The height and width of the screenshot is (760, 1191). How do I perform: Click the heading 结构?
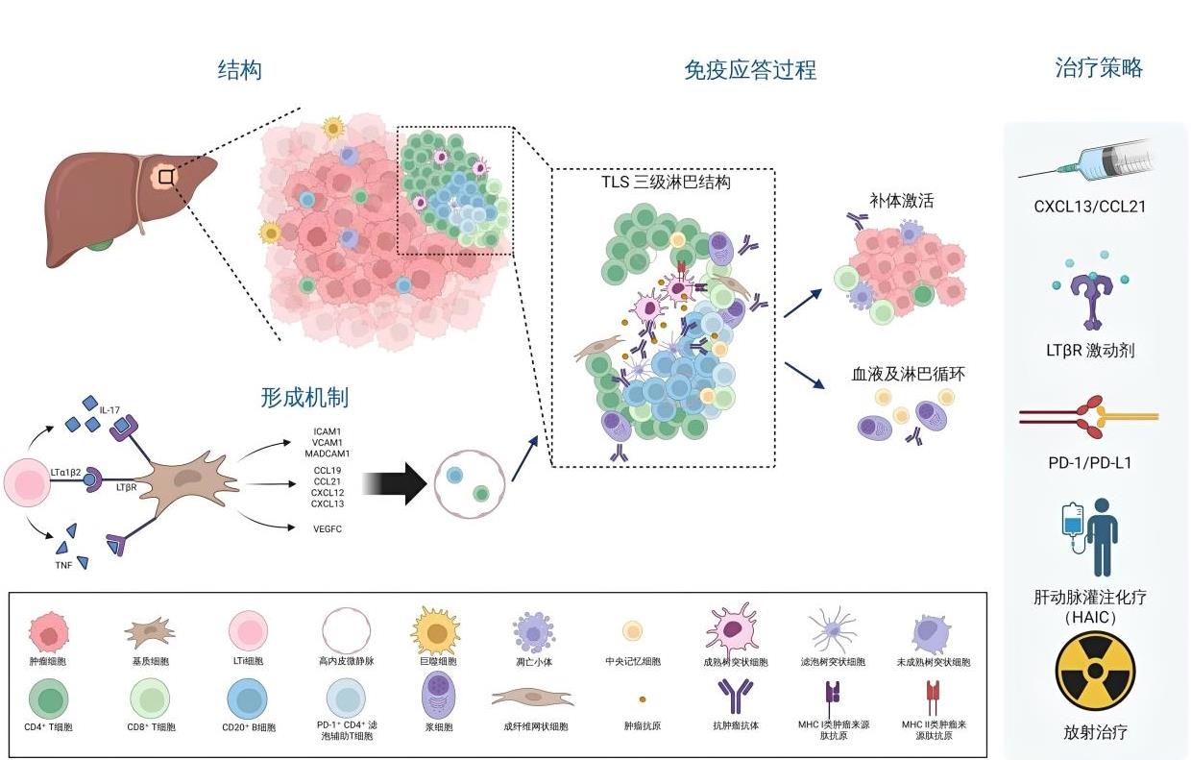pyautogui.click(x=239, y=70)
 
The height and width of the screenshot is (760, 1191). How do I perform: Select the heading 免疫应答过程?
pyautogui.click(x=749, y=70)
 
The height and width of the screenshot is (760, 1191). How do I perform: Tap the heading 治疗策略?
pyautogui.click(x=1098, y=68)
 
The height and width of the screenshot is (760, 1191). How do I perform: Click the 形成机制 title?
pyautogui.click(x=304, y=398)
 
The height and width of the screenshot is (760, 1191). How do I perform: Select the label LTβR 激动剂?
pyautogui.click(x=1090, y=351)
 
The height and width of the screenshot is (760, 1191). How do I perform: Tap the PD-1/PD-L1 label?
pyautogui.click(x=1090, y=462)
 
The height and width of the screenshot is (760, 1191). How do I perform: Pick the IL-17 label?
pyautogui.click(x=110, y=410)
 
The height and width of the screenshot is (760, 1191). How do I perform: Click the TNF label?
pyautogui.click(x=63, y=564)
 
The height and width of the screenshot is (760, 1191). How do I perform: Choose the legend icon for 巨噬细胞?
pyautogui.click(x=435, y=632)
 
